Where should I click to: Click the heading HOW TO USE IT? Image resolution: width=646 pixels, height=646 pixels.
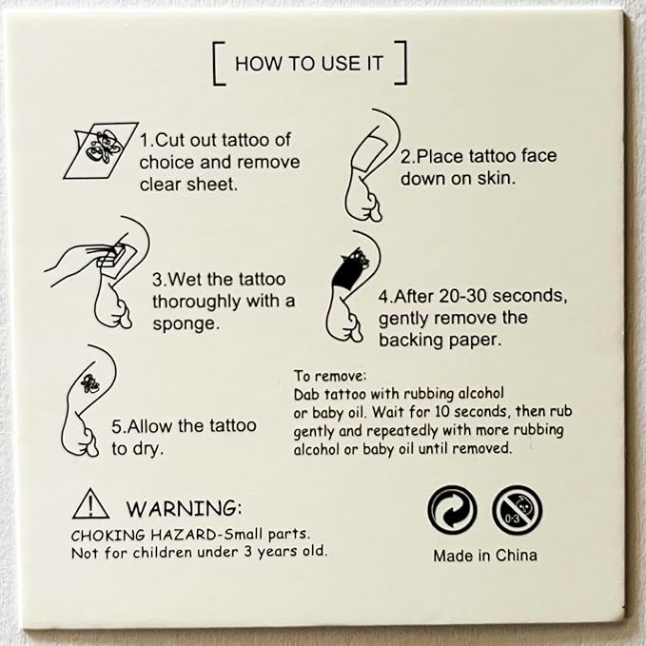(309, 65)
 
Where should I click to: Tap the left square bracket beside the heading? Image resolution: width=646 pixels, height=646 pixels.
(217, 65)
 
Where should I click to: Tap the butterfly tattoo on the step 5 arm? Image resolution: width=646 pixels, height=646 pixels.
(91, 385)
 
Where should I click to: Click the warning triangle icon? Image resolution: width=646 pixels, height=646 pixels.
(90, 503)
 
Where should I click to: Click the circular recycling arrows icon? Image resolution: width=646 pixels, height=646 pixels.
(452, 511)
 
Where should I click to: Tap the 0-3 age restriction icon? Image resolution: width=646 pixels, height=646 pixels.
(517, 511)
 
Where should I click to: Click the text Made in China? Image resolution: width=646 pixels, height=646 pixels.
(484, 556)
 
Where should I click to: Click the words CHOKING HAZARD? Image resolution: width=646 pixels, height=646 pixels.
(129, 534)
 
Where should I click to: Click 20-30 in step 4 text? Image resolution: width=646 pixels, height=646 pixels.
(467, 295)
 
